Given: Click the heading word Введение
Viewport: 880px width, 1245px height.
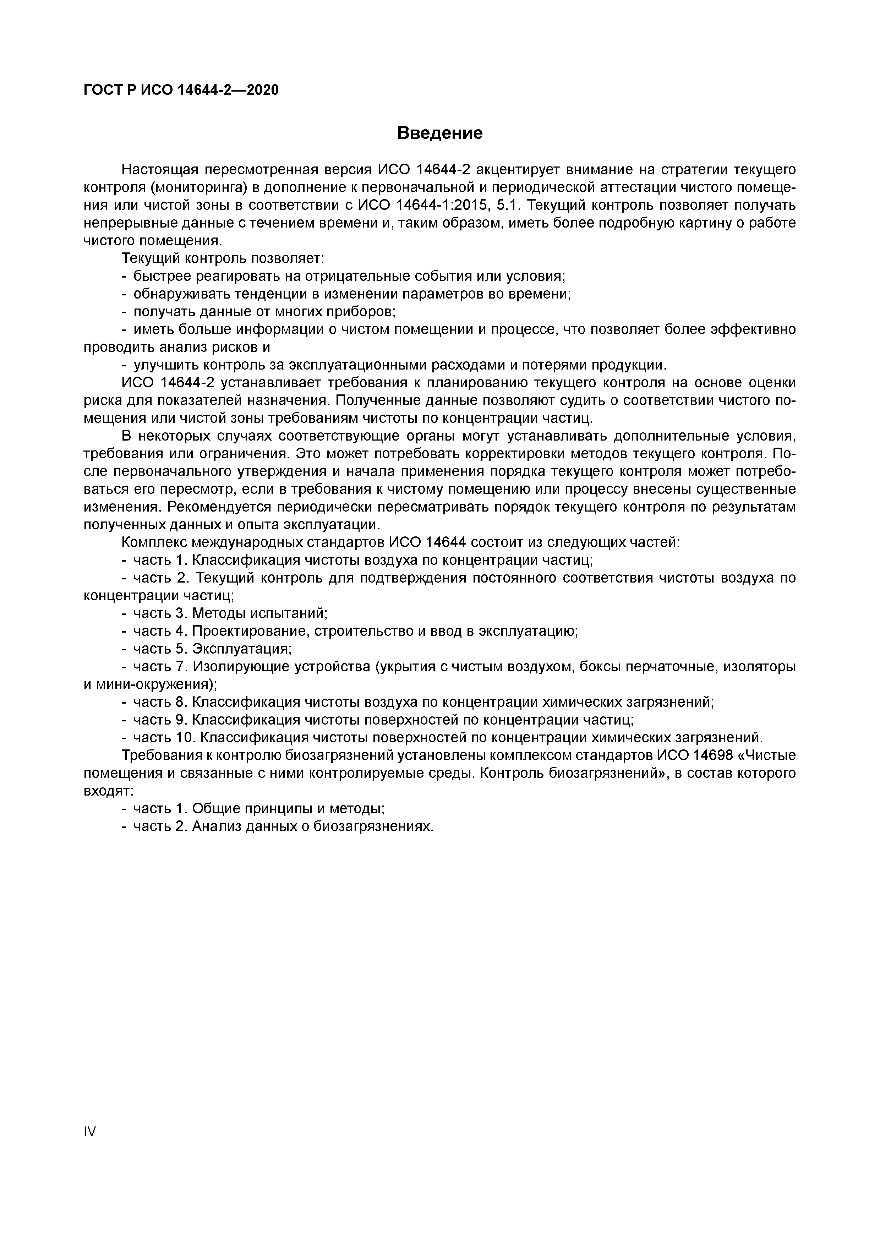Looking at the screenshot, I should click(x=440, y=133).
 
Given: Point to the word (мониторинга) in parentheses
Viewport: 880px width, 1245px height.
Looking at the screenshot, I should click(x=197, y=187).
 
